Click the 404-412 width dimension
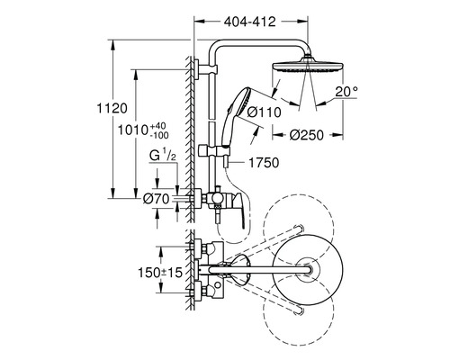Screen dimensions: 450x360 [250, 22]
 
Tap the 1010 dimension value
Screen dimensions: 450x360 [132, 130]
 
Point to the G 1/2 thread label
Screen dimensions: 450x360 [163, 157]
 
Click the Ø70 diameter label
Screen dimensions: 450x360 [157, 199]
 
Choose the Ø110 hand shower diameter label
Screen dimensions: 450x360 [265, 112]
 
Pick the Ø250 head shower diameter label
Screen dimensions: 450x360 [307, 135]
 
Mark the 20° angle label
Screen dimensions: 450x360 [346, 92]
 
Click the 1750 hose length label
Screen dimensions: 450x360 [264, 163]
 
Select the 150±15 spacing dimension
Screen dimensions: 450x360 [160, 273]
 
